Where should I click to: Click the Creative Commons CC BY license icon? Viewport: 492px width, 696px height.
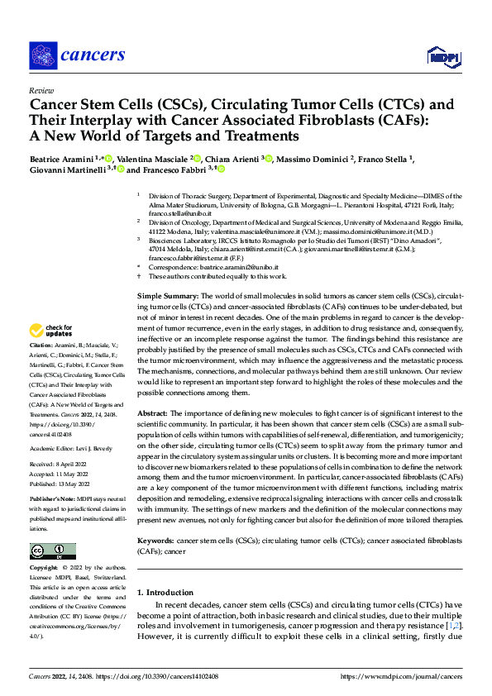[52, 551]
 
